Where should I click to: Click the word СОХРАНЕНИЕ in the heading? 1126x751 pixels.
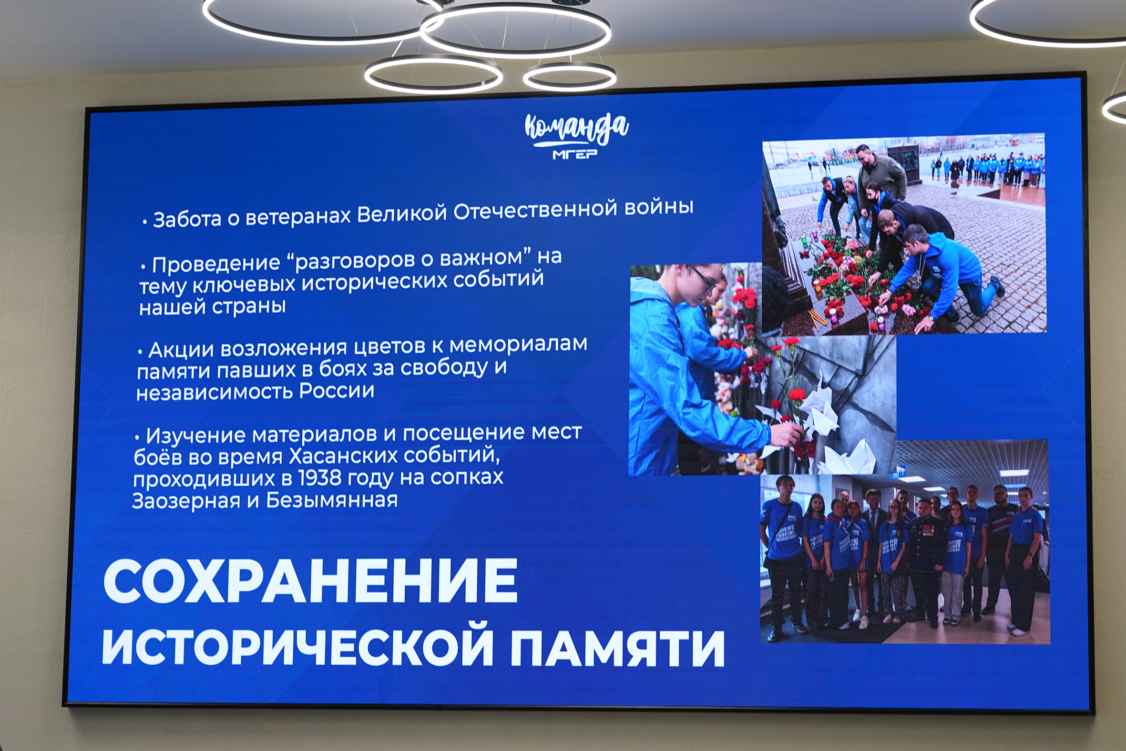point(310,580)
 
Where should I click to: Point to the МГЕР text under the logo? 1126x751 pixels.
point(575,154)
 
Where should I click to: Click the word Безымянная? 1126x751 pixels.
point(332,500)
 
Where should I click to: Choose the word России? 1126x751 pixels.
point(337,391)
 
